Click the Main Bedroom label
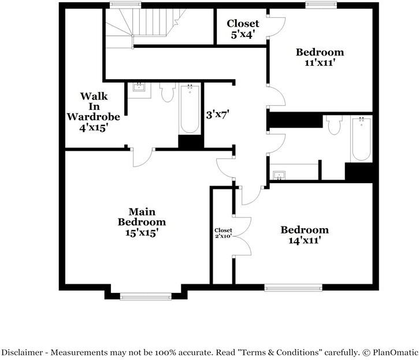pyautogui.click(x=142, y=217)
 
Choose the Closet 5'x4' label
pyautogui.click(x=243, y=28)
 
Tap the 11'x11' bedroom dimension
pyautogui.click(x=320, y=62)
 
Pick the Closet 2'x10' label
pyautogui.click(x=223, y=233)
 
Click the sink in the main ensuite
pyautogui.click(x=139, y=88)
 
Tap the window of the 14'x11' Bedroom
pyautogui.click(x=293, y=287)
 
